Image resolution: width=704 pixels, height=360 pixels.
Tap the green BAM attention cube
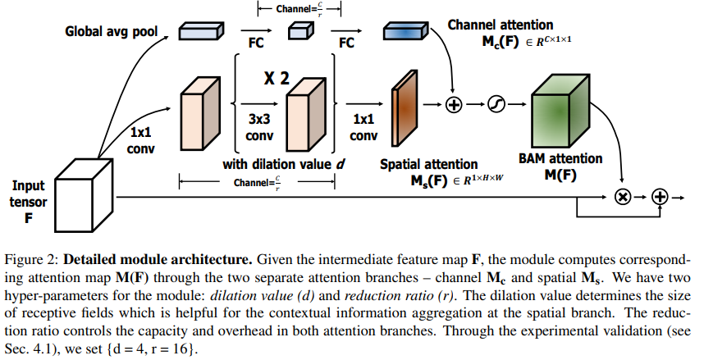(564, 111)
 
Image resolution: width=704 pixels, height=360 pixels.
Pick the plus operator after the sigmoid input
(454, 104)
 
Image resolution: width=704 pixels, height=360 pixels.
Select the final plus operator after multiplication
(661, 197)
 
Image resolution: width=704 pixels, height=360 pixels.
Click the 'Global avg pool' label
(114, 34)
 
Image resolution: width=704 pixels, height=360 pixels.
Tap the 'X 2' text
(277, 80)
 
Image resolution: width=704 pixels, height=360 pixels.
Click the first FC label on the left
(245, 43)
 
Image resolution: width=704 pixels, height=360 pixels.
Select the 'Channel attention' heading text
(500, 25)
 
